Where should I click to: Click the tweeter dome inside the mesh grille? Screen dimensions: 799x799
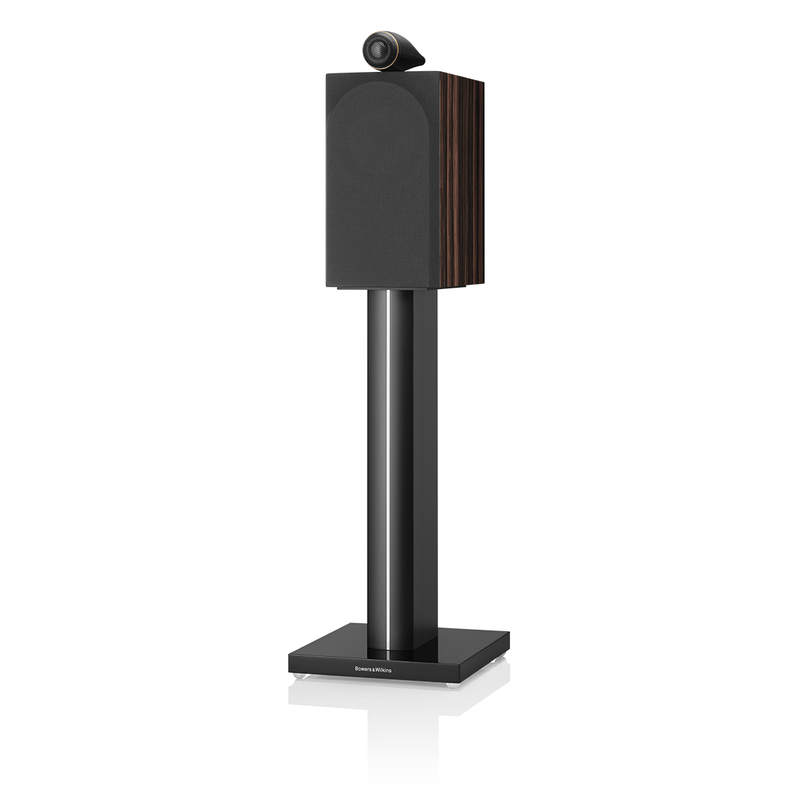tap(379, 50)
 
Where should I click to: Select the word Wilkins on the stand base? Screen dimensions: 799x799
tap(384, 670)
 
